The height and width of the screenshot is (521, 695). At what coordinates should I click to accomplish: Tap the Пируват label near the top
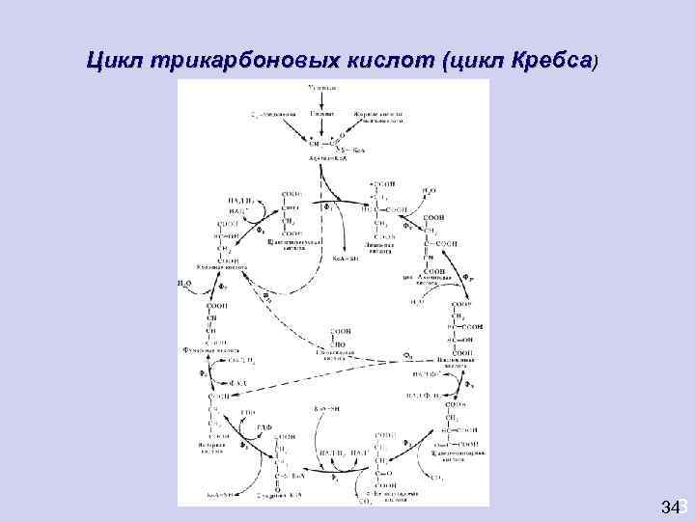322,115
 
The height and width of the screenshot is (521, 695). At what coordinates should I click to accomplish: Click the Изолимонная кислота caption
453,363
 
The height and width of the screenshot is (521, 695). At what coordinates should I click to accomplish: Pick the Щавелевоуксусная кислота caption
288,244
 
